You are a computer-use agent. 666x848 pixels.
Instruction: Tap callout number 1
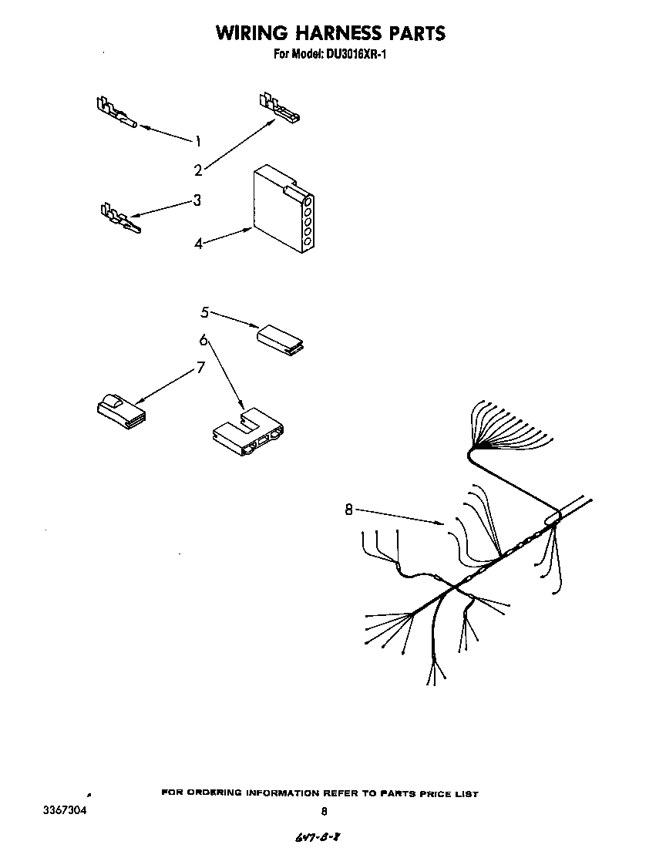(198, 141)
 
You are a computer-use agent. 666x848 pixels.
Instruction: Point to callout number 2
(198, 170)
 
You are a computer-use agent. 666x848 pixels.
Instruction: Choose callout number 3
(197, 200)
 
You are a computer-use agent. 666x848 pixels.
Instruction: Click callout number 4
(198, 244)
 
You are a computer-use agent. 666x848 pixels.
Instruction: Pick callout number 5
(204, 312)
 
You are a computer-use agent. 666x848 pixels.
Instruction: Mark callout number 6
(203, 340)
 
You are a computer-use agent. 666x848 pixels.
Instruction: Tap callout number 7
(201, 368)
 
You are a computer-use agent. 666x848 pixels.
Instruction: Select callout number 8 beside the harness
(349, 509)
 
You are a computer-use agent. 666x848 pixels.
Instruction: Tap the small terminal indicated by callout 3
(119, 218)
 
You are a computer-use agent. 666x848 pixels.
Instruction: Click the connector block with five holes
(282, 210)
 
